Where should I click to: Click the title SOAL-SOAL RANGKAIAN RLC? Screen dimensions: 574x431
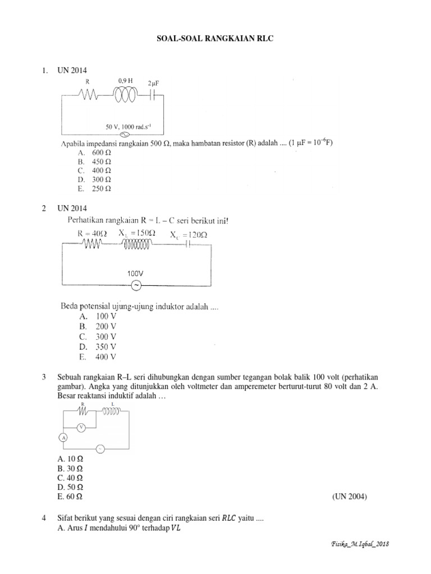tap(215, 41)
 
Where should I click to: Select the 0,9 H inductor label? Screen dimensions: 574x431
tap(125, 81)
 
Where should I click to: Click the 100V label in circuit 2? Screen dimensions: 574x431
tap(135, 274)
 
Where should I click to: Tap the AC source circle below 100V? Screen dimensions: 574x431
tap(135, 286)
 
